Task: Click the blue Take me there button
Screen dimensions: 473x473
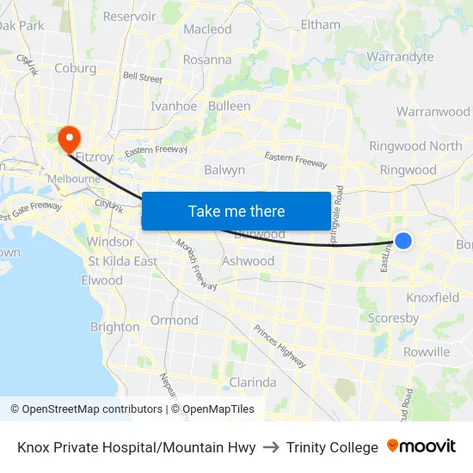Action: [236, 211]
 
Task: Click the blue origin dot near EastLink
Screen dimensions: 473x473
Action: [402, 242]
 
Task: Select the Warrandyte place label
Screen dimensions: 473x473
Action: [400, 58]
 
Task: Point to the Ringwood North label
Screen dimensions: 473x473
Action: [415, 146]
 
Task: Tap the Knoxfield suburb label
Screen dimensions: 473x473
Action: [433, 298]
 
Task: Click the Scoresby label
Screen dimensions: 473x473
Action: [393, 318]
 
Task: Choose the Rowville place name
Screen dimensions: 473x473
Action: [426, 352]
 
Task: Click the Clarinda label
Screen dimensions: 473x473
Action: [253, 382]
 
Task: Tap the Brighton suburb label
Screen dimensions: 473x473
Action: [114, 327]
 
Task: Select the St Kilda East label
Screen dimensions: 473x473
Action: [122, 261]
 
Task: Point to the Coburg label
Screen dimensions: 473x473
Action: [75, 68]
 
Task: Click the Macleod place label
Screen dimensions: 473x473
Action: [207, 29]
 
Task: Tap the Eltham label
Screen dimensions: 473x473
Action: [321, 25]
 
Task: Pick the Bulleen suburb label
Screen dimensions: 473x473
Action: [229, 107]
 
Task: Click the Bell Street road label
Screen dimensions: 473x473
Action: [143, 77]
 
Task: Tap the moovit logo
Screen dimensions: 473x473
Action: [421, 446]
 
